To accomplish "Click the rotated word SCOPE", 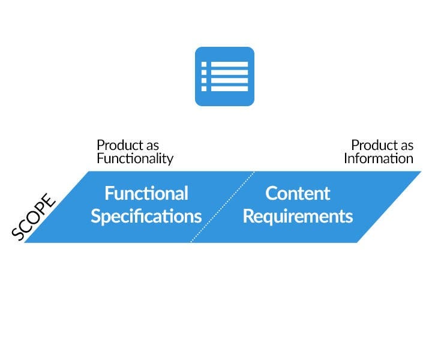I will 34,218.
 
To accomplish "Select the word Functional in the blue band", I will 146,193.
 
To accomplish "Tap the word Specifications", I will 146,216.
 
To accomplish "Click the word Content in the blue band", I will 298,193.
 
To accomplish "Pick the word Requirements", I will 298,216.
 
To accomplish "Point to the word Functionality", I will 135,159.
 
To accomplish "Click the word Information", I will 379,159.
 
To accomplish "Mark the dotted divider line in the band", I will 222,207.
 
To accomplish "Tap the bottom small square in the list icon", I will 204,88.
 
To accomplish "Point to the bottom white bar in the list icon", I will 229,88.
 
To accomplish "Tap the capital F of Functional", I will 109,193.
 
